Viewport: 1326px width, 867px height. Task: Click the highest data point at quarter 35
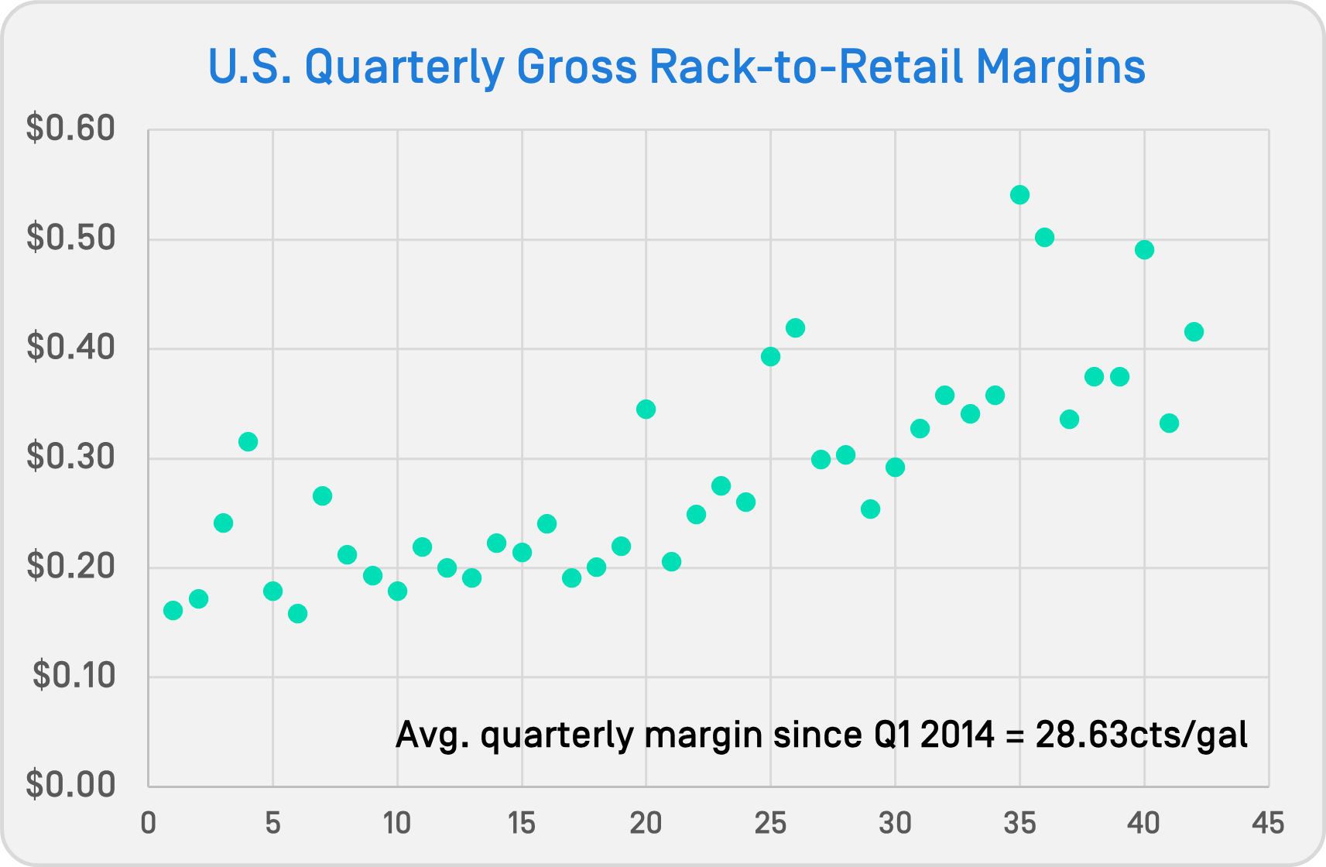tap(1019, 194)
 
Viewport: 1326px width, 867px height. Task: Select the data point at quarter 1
tap(173, 611)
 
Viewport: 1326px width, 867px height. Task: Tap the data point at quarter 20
tap(646, 409)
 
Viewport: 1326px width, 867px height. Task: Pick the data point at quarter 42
tap(1194, 331)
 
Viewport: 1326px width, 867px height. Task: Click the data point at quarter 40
tap(1144, 249)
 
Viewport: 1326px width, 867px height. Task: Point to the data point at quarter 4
tap(248, 441)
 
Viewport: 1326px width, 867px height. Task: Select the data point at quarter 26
tap(795, 327)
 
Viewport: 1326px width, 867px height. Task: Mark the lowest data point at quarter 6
tap(297, 613)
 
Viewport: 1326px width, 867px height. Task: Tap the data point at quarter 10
tap(397, 591)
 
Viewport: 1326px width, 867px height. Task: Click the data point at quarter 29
tap(870, 509)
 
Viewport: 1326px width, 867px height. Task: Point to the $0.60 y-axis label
tap(70, 129)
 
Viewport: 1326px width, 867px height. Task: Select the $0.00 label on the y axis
tap(70, 785)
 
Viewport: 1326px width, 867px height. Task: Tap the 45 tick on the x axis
tap(1268, 823)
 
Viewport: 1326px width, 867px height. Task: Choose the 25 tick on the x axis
tap(770, 823)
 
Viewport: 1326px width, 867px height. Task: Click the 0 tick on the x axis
tap(149, 823)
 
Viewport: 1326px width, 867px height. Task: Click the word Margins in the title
tap(1060, 67)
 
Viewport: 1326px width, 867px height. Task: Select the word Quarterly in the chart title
tap(404, 67)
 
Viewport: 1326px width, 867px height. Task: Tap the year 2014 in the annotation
tap(957, 734)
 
